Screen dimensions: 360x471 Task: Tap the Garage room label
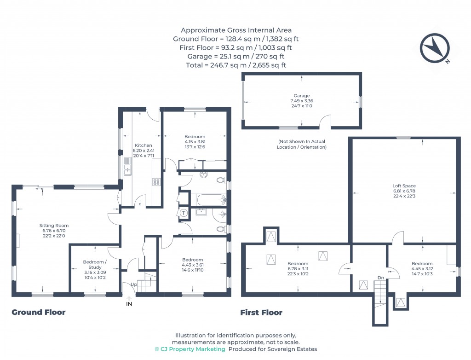[302, 96]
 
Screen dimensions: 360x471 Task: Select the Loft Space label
[404, 186]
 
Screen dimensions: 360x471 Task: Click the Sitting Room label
[54, 226]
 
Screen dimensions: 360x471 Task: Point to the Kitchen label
[143, 145]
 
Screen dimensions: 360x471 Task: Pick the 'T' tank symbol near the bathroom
[184, 213]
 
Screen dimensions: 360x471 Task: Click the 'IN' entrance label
[129, 304]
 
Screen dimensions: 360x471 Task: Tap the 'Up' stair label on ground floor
[133, 285]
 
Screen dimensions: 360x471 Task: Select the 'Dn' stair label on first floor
[380, 278]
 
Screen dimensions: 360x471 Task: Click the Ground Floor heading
[38, 313]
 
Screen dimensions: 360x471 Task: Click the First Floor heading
[261, 313]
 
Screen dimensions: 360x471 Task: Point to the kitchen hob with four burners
[156, 182]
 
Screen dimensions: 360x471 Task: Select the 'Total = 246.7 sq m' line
[236, 65]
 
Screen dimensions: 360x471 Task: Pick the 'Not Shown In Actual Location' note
[302, 144]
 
